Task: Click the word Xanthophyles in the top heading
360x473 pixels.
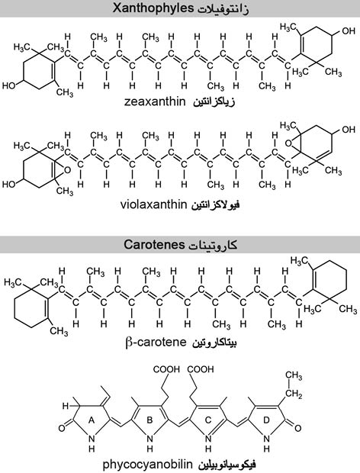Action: pos(153,8)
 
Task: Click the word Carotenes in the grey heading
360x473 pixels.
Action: pos(154,244)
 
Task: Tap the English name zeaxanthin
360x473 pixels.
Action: pos(155,101)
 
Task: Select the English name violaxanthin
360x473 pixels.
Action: pos(154,204)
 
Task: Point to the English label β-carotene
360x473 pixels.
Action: pos(156,343)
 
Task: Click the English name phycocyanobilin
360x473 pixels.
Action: pos(147,464)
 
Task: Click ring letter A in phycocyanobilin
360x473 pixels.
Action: pos(92,420)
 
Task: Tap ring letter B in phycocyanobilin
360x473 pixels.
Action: pos(149,420)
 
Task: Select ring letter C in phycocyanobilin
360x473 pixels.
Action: pos(208,420)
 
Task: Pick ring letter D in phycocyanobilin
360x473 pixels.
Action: pos(266,420)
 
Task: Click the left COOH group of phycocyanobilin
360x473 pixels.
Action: pos(166,369)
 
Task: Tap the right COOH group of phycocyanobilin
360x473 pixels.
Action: pos(200,369)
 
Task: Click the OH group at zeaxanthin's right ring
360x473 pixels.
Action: pos(349,31)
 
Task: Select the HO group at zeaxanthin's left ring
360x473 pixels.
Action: pos(9,85)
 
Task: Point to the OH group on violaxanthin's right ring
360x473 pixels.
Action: pos(349,130)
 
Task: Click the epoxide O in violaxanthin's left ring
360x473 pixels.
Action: pos(68,170)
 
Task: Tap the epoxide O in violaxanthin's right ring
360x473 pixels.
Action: pos(288,143)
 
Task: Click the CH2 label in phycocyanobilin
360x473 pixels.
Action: pos(294,394)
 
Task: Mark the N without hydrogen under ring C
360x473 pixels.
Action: pos(208,439)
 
